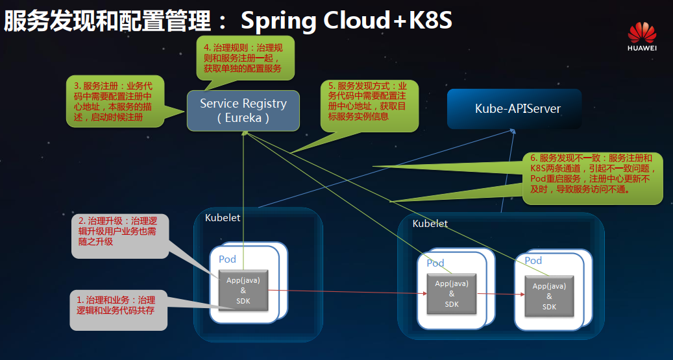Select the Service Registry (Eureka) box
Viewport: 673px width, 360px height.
243,111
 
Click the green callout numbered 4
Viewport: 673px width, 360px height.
245,58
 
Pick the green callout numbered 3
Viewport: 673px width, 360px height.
114,101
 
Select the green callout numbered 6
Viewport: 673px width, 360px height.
593,174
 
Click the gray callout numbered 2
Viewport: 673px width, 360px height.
117,231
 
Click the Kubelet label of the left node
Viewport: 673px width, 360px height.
223,218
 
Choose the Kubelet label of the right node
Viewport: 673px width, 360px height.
430,224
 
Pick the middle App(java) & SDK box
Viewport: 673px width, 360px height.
452,293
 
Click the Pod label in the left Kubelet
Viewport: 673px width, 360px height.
227,259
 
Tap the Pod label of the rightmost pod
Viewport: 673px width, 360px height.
533,260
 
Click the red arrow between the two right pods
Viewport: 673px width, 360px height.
500,294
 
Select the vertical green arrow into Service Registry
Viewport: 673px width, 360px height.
243,195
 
